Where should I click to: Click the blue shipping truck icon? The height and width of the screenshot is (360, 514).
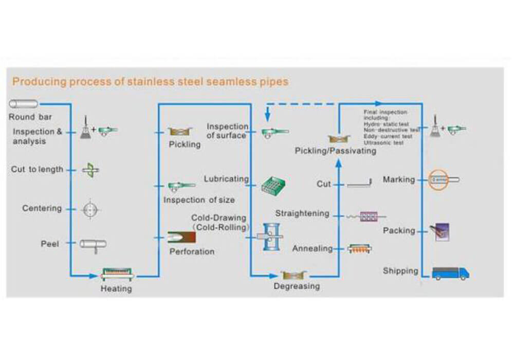(x=450, y=273)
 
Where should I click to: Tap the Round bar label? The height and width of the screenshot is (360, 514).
(x=30, y=117)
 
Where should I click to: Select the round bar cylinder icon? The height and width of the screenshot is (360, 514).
(x=24, y=104)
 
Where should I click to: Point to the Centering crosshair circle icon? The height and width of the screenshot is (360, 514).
(x=91, y=209)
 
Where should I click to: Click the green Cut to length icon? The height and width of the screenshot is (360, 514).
(x=90, y=170)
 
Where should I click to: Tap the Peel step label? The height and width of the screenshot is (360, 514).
(x=50, y=243)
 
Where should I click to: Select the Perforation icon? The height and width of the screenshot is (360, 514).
(x=181, y=238)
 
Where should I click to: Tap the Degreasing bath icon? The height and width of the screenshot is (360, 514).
(x=294, y=275)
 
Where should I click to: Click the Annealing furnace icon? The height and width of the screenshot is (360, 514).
(x=359, y=249)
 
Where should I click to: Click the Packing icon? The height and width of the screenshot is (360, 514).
(x=440, y=231)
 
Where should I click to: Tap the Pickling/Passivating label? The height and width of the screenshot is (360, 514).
(x=335, y=151)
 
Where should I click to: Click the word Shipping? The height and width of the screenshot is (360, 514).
(x=400, y=271)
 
